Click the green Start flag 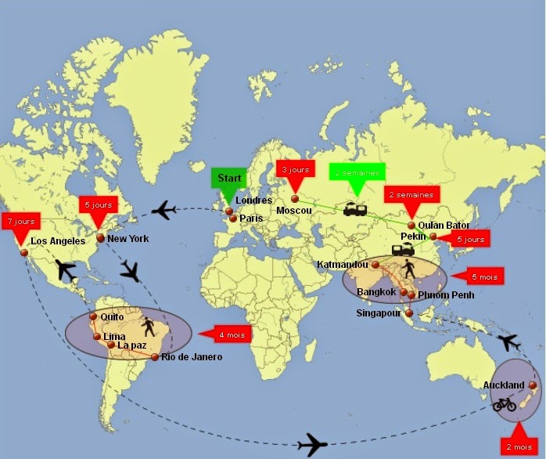228,178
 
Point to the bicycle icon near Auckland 505,404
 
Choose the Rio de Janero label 192,357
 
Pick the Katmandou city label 342,265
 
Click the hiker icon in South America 149,327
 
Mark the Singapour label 378,313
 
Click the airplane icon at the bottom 312,444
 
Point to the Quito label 113,317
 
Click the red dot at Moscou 295,199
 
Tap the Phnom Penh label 447,295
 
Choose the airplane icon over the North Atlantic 164,210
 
